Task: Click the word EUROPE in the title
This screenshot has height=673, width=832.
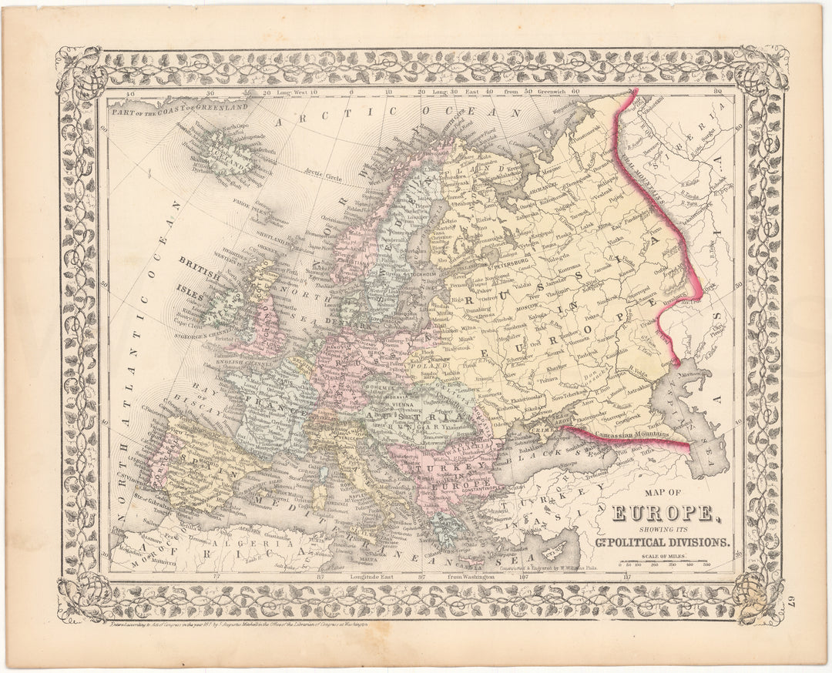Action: [x=663, y=512]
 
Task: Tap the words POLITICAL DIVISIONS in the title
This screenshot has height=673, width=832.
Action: [x=679, y=542]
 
